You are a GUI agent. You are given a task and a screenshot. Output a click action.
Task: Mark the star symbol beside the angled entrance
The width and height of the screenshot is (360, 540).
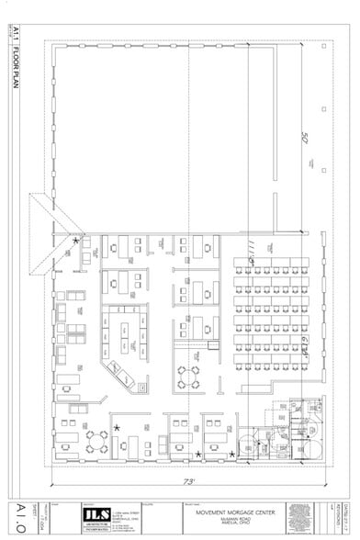(76, 241)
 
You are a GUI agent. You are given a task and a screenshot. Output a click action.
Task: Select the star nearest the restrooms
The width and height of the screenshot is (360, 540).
(231, 453)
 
